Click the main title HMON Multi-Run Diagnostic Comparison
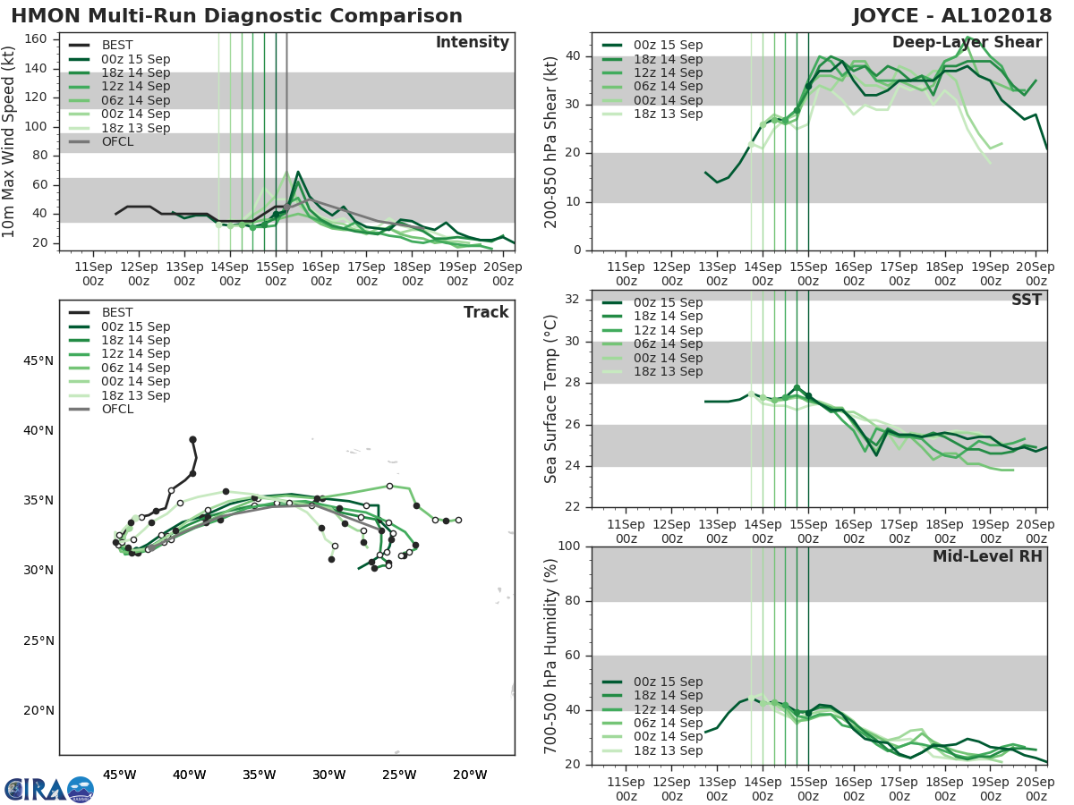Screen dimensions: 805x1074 click(236, 16)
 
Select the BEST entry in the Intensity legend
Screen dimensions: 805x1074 click(117, 45)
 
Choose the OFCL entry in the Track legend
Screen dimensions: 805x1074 click(117, 410)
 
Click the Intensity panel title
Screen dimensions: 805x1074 click(472, 43)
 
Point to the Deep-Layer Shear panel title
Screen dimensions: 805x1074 click(967, 43)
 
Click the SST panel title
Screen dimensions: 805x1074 click(1027, 301)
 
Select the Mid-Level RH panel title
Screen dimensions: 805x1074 click(987, 557)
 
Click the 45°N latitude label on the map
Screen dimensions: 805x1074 click(38, 360)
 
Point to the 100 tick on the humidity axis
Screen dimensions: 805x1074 click(569, 547)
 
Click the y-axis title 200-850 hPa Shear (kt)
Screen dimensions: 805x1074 click(551, 141)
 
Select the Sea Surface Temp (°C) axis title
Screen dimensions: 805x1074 click(551, 398)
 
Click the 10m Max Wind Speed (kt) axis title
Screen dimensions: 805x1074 click(9, 141)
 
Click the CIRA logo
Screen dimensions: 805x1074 click(48, 789)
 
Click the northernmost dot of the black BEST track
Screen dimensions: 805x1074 click(192, 439)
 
